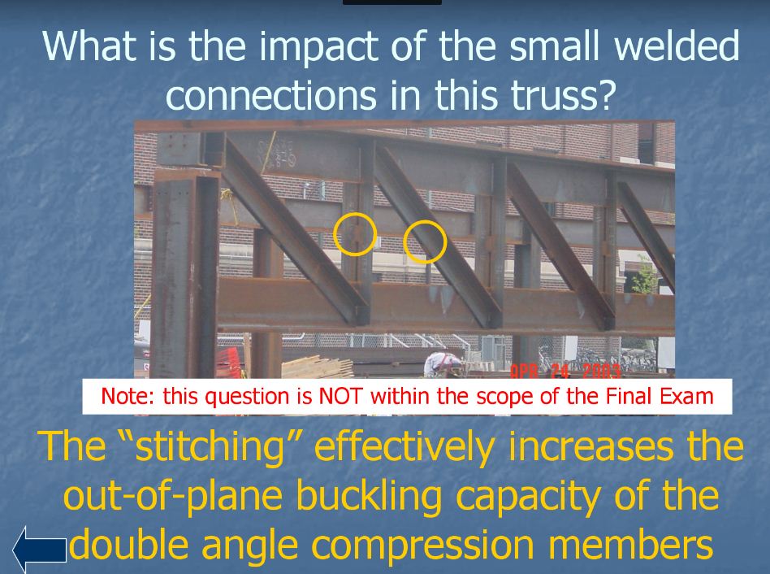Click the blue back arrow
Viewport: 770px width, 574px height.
tap(39, 549)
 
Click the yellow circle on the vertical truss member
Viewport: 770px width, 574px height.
tap(355, 234)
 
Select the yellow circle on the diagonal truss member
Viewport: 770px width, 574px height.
tap(425, 242)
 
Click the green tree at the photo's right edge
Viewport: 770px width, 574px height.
tap(646, 276)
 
